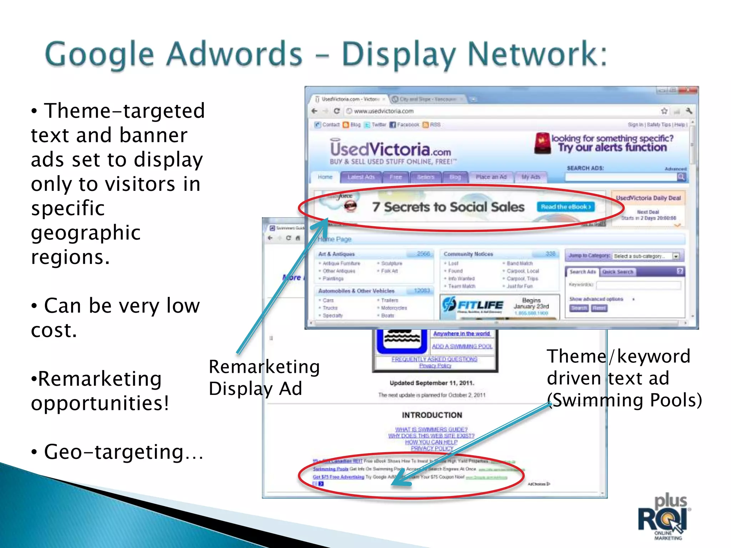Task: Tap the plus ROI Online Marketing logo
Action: pyautogui.click(x=664, y=517)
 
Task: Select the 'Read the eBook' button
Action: pyautogui.click(x=565, y=207)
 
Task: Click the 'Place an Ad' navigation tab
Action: pyautogui.click(x=491, y=177)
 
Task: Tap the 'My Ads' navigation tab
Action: pyautogui.click(x=530, y=177)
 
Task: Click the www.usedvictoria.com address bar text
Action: pyautogui.click(x=383, y=111)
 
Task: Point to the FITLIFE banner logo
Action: pyautogui.click(x=473, y=305)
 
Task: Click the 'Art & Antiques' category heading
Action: pyautogui.click(x=336, y=254)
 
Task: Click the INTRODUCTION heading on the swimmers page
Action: pyautogui.click(x=432, y=415)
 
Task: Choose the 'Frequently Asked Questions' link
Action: pyautogui.click(x=434, y=359)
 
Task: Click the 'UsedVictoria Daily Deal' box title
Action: pyautogui.click(x=648, y=198)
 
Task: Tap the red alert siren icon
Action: pyautogui.click(x=542, y=143)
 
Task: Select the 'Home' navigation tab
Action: pyautogui.click(x=325, y=177)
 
